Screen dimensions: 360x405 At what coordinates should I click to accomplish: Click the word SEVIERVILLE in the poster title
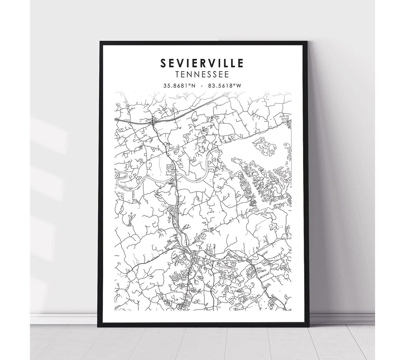tap(202, 63)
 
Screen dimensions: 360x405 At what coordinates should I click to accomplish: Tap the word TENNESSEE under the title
tap(202, 74)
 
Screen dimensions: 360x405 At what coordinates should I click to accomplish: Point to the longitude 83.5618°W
tap(226, 86)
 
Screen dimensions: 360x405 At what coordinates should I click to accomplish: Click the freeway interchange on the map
tap(153, 121)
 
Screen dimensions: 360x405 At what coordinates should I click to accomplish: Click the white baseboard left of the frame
tap(64, 318)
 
